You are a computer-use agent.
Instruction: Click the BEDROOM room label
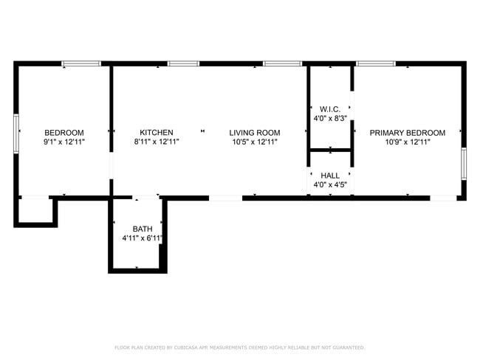click(x=64, y=133)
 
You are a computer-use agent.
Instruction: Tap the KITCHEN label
click(x=156, y=133)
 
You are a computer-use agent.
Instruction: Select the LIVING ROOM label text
click(x=254, y=133)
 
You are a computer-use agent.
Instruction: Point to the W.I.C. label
click(x=329, y=108)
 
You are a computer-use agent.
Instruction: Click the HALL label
click(x=330, y=176)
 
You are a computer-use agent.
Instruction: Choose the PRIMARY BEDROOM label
click(x=408, y=133)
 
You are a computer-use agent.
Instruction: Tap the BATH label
click(x=143, y=229)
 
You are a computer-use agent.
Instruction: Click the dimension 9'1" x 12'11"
click(x=64, y=142)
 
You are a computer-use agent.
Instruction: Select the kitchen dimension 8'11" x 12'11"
click(x=156, y=142)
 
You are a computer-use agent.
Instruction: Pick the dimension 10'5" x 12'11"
click(x=254, y=142)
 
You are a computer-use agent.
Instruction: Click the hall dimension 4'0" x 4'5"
click(x=330, y=184)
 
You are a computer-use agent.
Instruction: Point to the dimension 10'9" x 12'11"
click(x=408, y=142)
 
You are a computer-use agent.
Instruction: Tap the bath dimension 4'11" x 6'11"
click(x=143, y=238)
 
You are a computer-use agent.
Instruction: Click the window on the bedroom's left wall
click(x=16, y=134)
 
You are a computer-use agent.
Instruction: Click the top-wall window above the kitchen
click(x=183, y=63)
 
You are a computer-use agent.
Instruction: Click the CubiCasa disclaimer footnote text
click(x=239, y=347)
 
